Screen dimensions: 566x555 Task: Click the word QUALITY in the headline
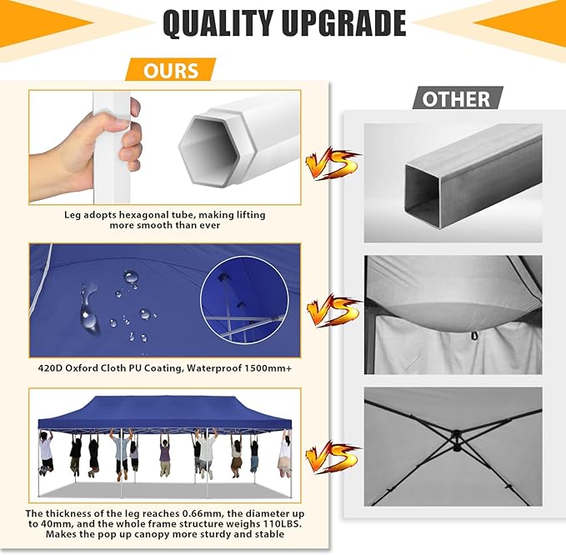(218, 23)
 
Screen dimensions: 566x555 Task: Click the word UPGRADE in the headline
(344, 23)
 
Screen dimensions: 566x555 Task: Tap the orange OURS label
(170, 70)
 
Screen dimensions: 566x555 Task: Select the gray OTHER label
(458, 98)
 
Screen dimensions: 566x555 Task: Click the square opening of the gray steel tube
(423, 197)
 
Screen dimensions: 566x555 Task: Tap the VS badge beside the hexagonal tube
(332, 163)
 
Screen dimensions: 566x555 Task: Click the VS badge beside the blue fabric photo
(333, 311)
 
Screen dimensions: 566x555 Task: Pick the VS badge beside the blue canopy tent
(332, 457)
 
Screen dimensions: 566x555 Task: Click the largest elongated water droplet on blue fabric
(88, 310)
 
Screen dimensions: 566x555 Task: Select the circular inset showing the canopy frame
(245, 300)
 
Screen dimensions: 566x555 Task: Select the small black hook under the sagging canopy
(474, 336)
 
